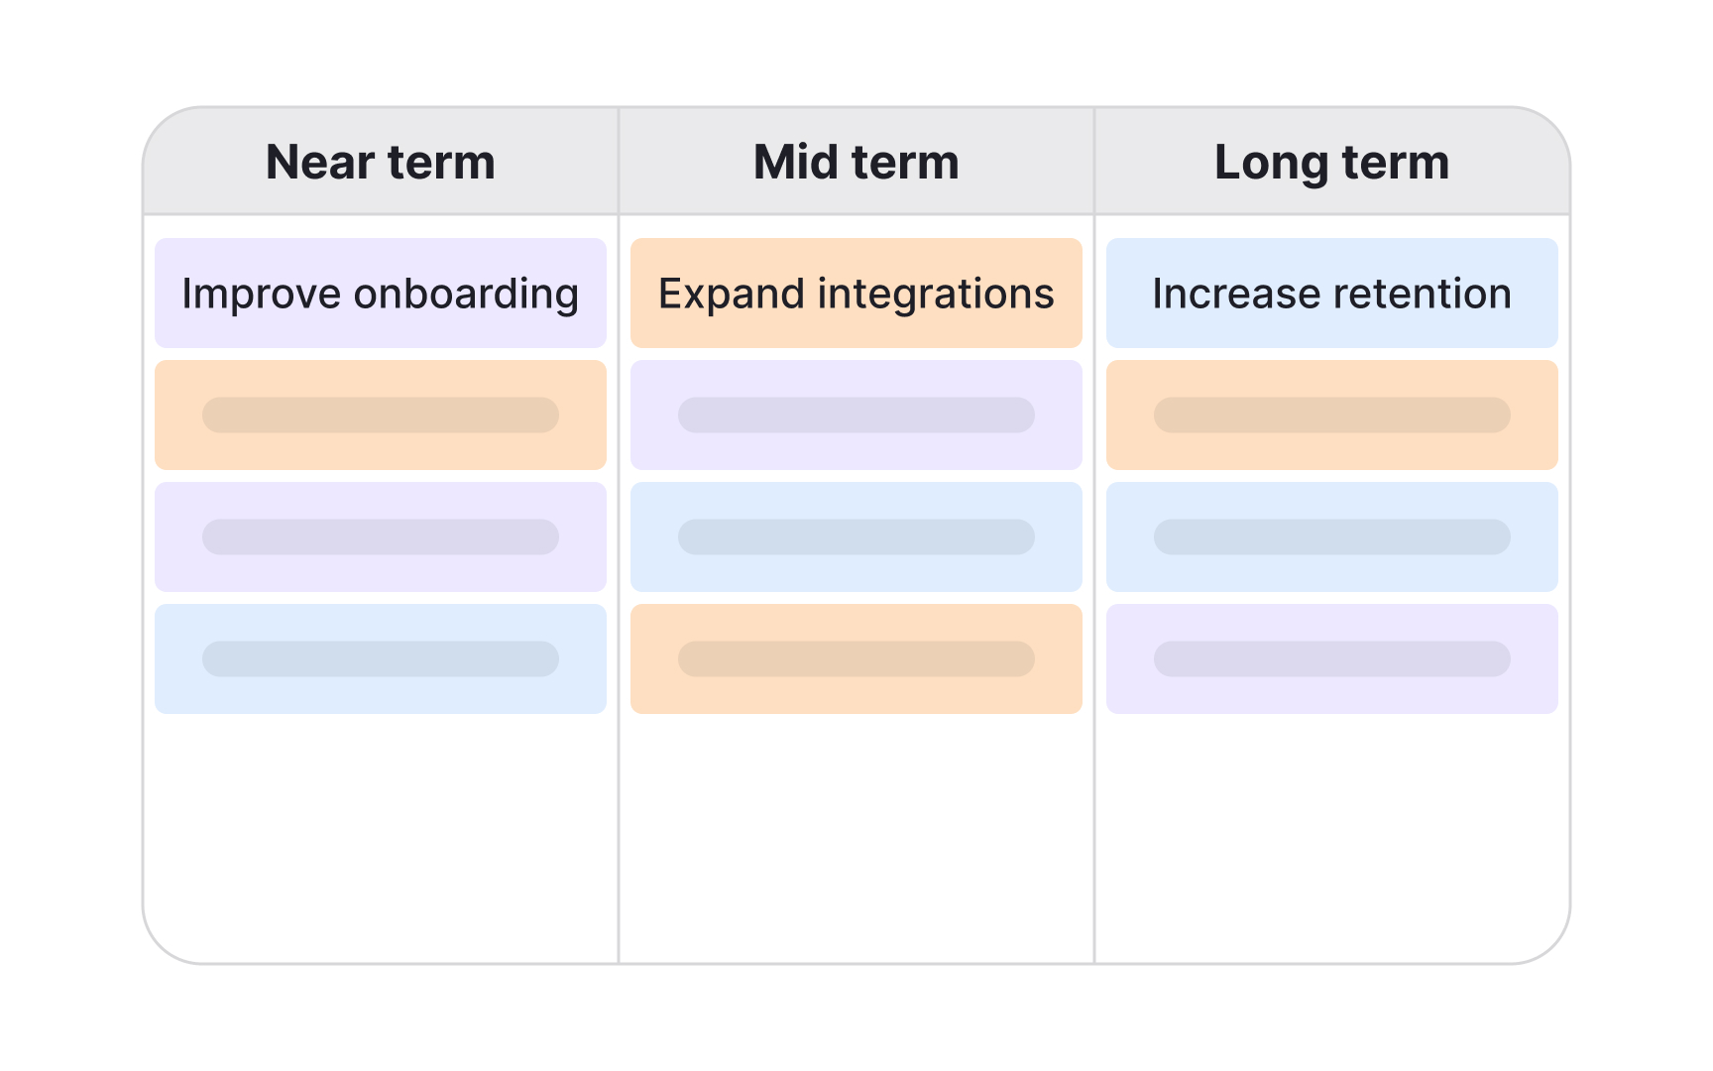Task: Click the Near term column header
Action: point(381,162)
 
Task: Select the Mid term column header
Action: point(856,162)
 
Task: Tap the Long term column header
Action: point(1331,162)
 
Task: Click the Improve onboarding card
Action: point(381,294)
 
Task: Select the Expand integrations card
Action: point(856,294)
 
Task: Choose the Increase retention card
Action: point(1331,294)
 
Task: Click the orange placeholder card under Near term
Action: point(381,415)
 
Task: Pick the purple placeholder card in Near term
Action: point(381,536)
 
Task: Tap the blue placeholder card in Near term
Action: point(381,658)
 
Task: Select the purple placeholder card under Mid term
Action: point(856,415)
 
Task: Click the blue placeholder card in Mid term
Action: point(856,536)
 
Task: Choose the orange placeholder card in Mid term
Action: point(856,658)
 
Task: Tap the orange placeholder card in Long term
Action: point(1331,415)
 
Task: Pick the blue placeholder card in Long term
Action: point(1331,536)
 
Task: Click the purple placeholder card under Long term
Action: point(1331,658)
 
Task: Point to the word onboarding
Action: point(466,295)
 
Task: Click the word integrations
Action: point(936,295)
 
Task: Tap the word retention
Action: point(1423,295)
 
